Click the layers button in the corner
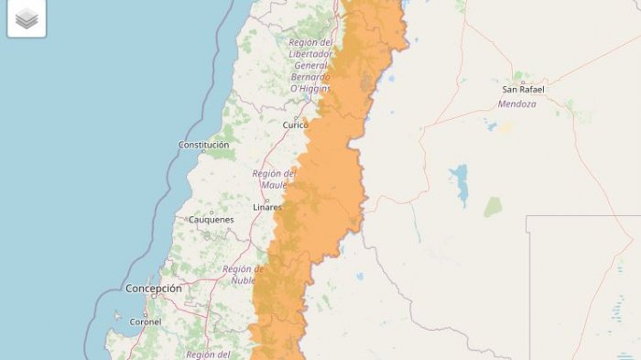[x=27, y=18]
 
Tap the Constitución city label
[x=203, y=145]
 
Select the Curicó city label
[x=296, y=125]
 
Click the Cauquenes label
[x=211, y=220]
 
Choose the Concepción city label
[x=154, y=289]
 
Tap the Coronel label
[x=145, y=322]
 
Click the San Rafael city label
[x=523, y=89]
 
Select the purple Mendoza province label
[x=516, y=104]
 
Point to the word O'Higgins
[x=310, y=89]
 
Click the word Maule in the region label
[x=274, y=185]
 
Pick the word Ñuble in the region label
[x=243, y=280]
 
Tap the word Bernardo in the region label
[x=310, y=77]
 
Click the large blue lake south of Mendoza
[x=460, y=186]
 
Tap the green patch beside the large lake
[x=494, y=207]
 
